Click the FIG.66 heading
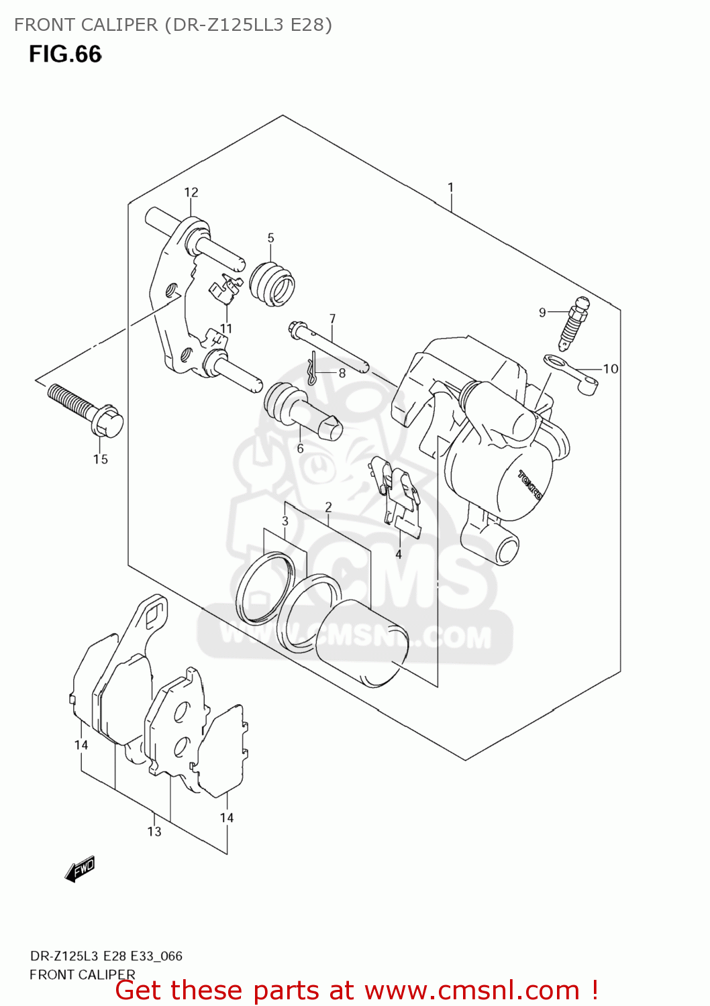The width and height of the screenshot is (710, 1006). tap(65, 54)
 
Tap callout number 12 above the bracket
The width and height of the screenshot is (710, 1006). tap(191, 192)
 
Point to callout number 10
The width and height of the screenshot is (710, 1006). tap(611, 368)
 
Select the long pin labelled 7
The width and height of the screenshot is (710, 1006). tap(329, 348)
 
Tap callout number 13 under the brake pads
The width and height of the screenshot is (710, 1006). tap(154, 832)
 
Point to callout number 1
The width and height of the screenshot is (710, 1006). tap(451, 188)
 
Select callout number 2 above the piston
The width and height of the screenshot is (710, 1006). tap(328, 507)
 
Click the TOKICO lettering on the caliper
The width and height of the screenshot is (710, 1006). tap(530, 484)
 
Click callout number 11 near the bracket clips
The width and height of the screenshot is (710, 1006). tap(226, 329)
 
